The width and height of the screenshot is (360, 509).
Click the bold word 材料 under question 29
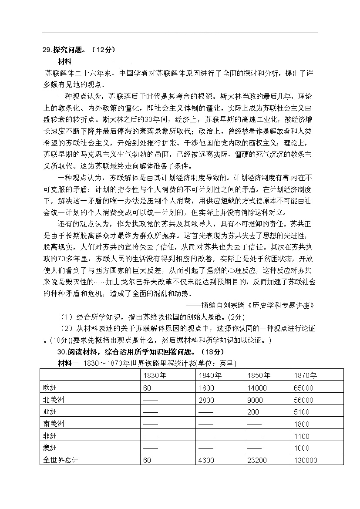(x=64, y=61)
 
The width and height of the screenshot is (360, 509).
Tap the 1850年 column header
(x=259, y=375)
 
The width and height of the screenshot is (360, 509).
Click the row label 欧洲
(x=50, y=388)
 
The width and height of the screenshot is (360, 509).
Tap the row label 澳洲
(x=50, y=448)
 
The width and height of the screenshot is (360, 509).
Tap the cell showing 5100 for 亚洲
(x=302, y=412)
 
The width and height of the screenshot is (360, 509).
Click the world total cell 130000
(x=306, y=460)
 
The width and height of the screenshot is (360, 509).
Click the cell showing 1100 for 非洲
(x=302, y=436)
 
